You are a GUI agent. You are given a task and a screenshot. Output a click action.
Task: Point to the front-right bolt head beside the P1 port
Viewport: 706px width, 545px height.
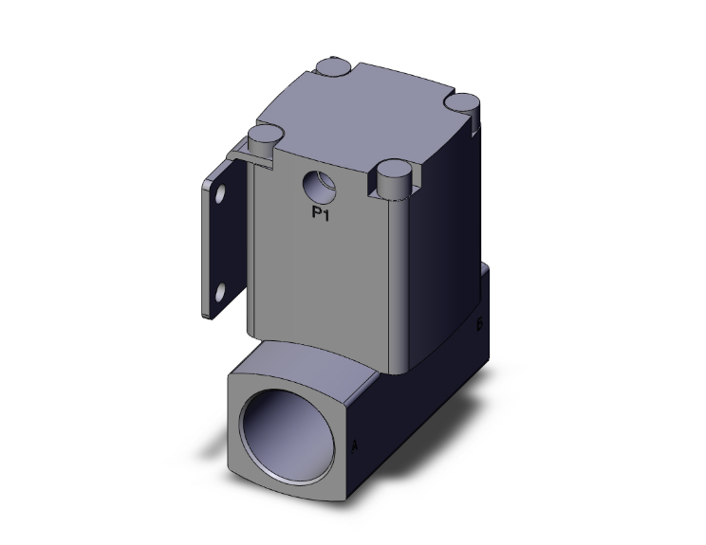click(392, 174)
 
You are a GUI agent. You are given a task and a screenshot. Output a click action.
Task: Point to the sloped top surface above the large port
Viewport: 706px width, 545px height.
click(313, 349)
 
